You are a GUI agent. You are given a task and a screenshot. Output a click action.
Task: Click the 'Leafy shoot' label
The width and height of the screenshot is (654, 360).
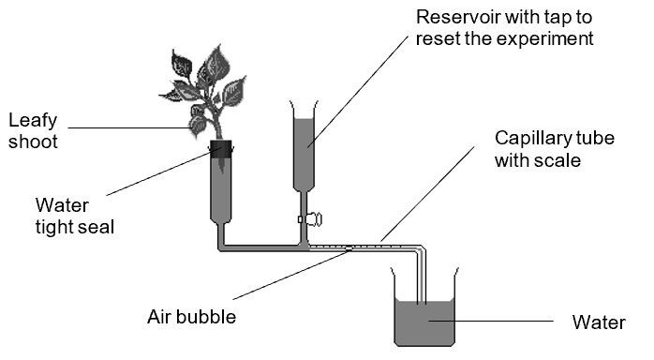pyautogui.click(x=33, y=131)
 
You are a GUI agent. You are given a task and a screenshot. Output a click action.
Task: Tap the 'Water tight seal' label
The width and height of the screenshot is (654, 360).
pyautogui.click(x=75, y=216)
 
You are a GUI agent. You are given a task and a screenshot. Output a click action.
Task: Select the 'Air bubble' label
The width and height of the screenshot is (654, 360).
pyautogui.click(x=191, y=317)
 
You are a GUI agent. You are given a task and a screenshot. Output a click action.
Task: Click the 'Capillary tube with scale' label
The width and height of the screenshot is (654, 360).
pyautogui.click(x=555, y=149)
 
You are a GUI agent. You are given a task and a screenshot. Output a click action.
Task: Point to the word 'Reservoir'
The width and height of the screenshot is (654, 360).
pyautogui.click(x=458, y=17)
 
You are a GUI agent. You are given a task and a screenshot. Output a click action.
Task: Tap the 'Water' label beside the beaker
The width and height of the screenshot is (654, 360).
pyautogui.click(x=599, y=322)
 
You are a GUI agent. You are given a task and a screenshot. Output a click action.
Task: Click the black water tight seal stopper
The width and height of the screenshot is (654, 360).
pyautogui.click(x=220, y=149)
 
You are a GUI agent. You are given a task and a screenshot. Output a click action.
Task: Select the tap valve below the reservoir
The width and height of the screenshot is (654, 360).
pyautogui.click(x=310, y=219)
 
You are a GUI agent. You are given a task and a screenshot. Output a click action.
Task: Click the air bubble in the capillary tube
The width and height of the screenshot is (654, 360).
pyautogui.click(x=349, y=249)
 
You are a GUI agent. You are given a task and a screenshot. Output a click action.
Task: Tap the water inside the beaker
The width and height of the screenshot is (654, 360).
pyautogui.click(x=424, y=322)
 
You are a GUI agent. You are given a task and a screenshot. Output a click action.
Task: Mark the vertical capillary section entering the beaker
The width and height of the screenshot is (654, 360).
pyautogui.click(x=422, y=276)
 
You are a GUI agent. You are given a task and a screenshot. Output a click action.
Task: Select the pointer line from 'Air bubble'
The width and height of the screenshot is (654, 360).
pyautogui.click(x=290, y=275)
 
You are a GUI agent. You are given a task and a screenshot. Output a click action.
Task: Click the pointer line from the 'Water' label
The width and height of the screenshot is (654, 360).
pyautogui.click(x=491, y=322)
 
